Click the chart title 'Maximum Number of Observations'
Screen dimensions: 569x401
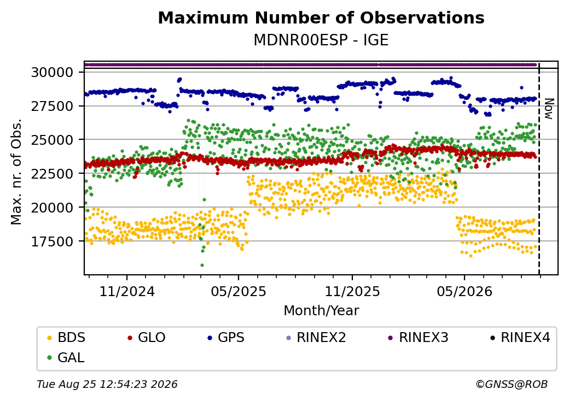[x=321, y=17]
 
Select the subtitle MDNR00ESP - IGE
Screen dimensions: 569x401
[x=321, y=40]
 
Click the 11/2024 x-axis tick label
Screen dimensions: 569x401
[x=127, y=292]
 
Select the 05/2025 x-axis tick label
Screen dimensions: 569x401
[x=239, y=292]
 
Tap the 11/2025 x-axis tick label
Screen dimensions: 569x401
[x=352, y=292]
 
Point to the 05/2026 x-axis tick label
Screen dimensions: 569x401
[x=465, y=292]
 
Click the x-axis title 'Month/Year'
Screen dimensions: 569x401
[x=321, y=311]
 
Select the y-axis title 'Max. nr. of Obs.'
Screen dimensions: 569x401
[x=16, y=172]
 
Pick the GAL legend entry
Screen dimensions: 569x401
[x=66, y=357]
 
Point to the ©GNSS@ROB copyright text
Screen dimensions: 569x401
[x=512, y=384]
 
